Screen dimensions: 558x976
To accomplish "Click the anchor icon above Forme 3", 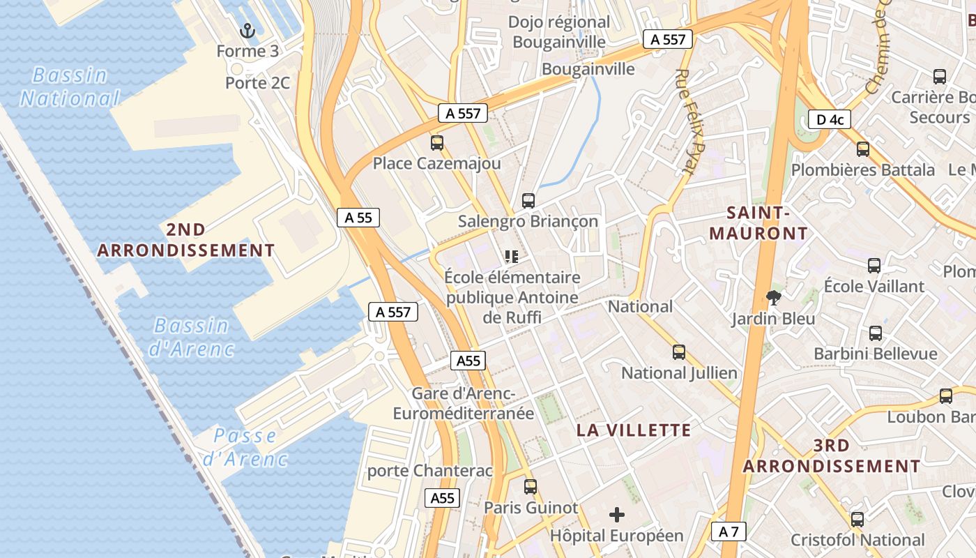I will pos(247,30).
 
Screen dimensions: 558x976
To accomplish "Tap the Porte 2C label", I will pos(257,83).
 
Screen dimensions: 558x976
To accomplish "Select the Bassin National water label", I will pos(70,86).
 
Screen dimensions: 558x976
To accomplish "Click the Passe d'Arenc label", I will pos(245,447).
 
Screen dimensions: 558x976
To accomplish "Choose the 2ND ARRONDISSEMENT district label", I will pos(186,239).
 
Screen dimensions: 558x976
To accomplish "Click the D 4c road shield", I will pos(830,119).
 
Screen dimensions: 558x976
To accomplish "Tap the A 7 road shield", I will pos(729,531).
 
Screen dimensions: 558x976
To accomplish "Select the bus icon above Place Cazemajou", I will pos(437,143).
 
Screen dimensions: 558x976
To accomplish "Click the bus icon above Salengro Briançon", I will pos(528,201).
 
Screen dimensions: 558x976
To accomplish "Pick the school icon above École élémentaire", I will pos(512,257).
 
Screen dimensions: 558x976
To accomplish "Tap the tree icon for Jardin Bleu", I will pos(773,299).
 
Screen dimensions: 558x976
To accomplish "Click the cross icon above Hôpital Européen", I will pos(617,515).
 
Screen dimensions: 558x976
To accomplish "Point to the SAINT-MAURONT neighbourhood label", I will pos(758,223).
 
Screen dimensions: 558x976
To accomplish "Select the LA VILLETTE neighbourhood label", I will pos(634,430).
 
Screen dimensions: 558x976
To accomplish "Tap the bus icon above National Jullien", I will pos(679,352).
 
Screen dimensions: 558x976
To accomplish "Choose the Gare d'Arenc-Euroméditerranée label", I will pos(464,403).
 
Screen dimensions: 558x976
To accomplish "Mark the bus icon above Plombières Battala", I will pos(863,149).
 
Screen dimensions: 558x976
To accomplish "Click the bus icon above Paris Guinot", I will pos(531,486).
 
